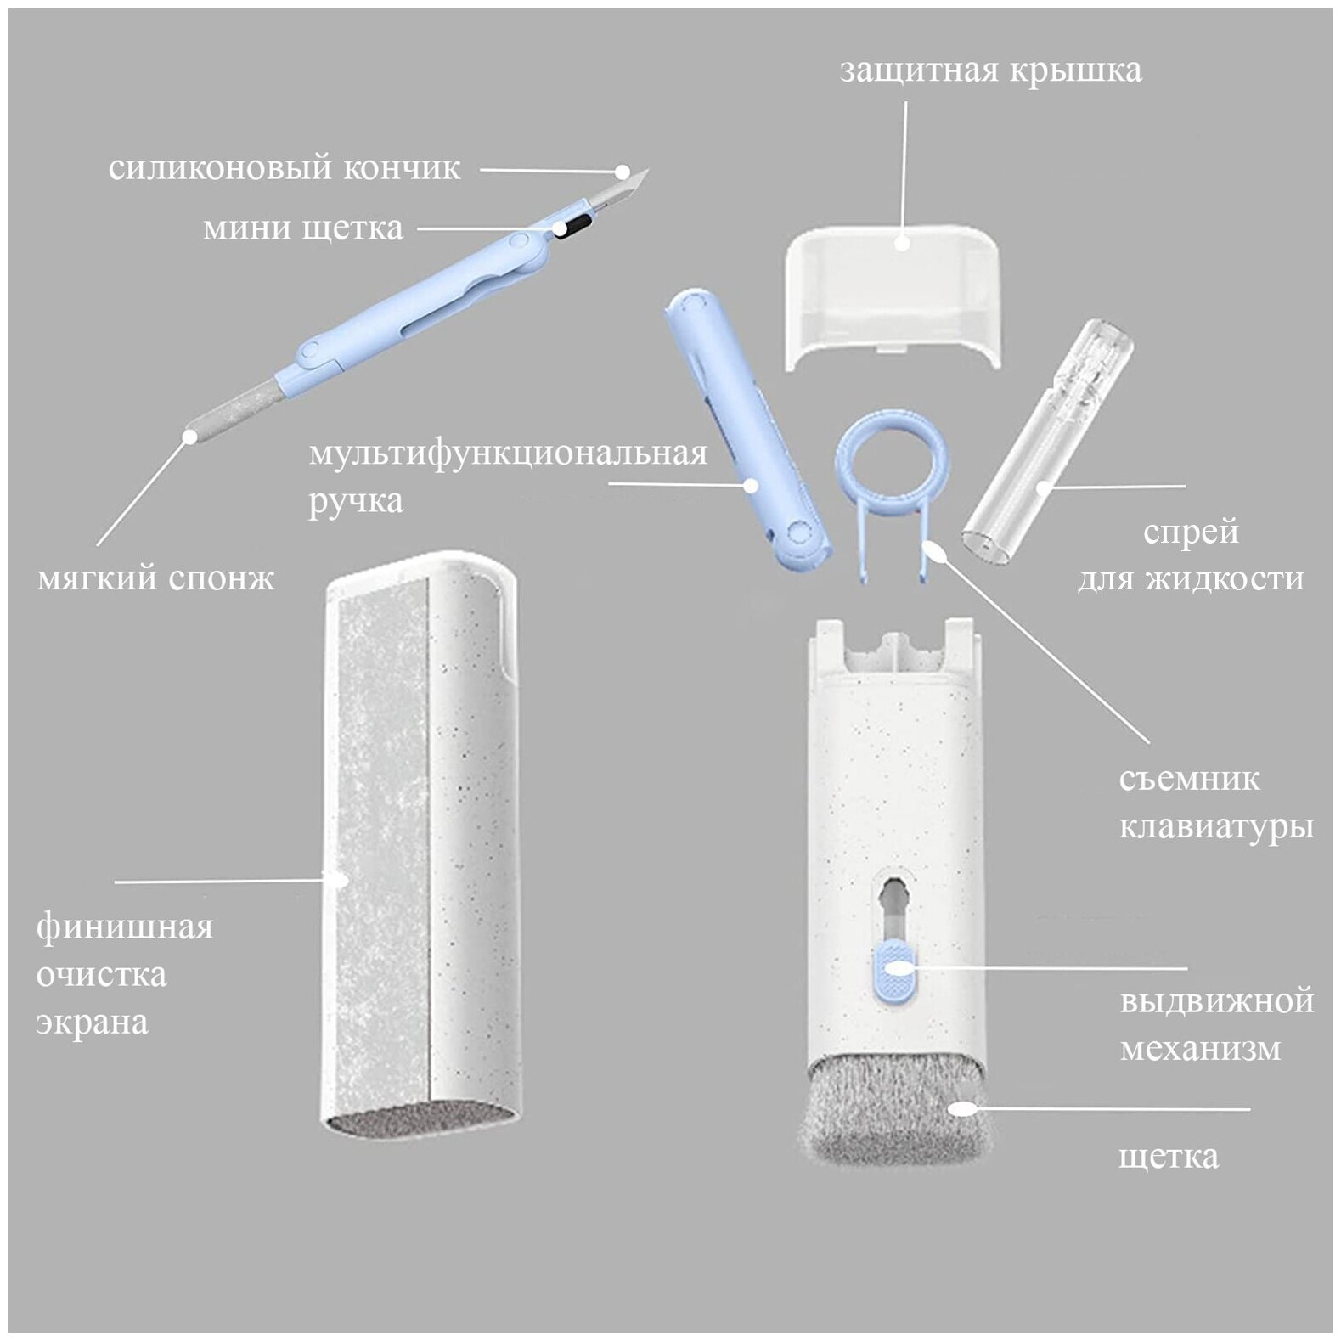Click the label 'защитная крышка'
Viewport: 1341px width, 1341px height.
coord(990,70)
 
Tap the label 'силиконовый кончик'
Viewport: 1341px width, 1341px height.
coord(285,168)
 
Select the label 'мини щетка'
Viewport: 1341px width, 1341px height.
coord(303,228)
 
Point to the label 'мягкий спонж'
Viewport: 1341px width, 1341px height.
coord(156,578)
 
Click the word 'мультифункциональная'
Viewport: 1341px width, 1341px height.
coord(508,453)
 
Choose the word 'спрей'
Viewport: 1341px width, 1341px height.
coord(1190,532)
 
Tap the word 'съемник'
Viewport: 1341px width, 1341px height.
coord(1189,779)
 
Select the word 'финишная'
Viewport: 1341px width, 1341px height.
coord(125,925)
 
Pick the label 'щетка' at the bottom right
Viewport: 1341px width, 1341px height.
coord(1169,1156)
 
